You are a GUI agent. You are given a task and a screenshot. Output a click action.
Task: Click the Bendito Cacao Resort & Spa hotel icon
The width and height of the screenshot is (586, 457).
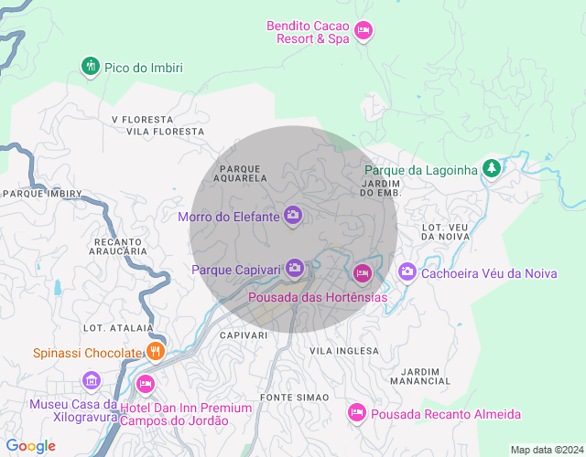364,32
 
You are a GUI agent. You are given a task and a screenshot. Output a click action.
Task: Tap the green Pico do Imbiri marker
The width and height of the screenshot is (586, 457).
90,67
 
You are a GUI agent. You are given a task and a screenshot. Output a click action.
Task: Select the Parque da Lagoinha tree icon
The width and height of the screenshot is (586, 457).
492,169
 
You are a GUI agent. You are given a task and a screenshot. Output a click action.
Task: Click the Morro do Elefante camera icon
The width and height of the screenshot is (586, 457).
293,217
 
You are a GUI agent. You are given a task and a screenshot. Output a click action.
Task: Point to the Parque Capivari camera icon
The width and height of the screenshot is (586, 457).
294,268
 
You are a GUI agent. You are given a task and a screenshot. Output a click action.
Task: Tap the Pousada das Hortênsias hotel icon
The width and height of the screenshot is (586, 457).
362,273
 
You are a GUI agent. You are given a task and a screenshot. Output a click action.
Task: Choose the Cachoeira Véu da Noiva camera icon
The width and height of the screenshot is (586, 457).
407,272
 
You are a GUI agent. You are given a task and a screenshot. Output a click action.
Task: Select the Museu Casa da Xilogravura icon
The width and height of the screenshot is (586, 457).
91,380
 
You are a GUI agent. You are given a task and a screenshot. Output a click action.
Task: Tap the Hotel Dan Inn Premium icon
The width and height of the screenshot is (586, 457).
145,383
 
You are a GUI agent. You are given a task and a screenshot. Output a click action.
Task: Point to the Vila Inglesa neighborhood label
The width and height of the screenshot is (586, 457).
344,351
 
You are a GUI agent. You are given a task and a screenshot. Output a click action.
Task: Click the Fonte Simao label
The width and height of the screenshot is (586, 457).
288,398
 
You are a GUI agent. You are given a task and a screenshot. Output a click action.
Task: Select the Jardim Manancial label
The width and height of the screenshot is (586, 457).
420,376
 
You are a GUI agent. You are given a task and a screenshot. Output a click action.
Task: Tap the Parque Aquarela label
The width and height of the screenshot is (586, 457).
242,173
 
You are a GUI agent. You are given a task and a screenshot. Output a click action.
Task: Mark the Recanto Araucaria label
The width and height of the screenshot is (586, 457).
120,246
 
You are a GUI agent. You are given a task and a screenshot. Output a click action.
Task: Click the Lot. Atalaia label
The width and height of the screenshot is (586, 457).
110,327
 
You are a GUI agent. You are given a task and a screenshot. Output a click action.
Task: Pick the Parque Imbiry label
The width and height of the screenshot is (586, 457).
42,194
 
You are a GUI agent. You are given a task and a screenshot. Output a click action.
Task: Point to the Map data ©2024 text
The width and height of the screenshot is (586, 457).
546,450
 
